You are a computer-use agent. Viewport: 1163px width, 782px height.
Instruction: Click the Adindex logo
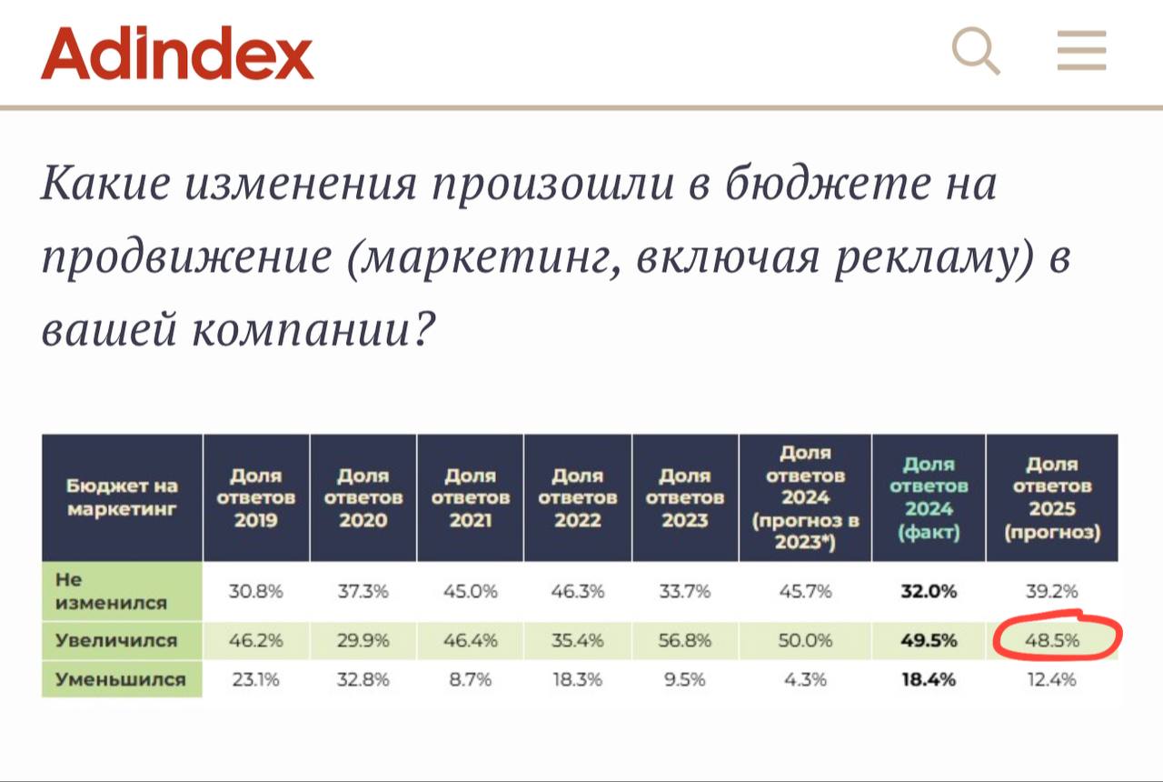tap(177, 54)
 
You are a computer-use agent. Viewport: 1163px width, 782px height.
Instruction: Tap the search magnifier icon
tap(976, 51)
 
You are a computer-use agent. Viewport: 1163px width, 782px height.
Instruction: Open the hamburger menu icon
tap(1081, 51)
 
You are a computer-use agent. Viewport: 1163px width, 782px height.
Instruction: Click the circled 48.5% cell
tap(1052, 640)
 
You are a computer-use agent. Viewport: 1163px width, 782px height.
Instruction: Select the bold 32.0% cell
tap(928, 591)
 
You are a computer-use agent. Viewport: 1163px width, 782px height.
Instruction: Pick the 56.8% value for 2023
tap(685, 640)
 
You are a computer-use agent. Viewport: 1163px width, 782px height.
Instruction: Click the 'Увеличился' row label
tap(116, 640)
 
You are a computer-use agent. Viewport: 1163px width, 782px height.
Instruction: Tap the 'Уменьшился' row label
tap(120, 678)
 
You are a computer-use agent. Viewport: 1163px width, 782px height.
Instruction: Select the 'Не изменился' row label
tap(111, 591)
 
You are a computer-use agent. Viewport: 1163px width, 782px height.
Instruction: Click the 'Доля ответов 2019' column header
tap(255, 497)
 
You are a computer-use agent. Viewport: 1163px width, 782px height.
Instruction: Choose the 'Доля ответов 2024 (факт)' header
tap(928, 497)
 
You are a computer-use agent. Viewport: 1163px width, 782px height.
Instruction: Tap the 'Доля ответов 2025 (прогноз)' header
tap(1052, 497)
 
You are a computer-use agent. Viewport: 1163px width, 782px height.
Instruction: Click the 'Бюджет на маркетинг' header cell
tap(122, 497)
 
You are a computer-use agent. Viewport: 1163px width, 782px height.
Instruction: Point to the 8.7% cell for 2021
tap(471, 678)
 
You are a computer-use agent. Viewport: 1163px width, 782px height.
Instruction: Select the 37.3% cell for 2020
tap(363, 591)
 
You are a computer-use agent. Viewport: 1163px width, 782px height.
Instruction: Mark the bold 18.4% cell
tap(928, 678)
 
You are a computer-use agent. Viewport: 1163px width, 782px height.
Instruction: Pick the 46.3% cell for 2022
tap(578, 591)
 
